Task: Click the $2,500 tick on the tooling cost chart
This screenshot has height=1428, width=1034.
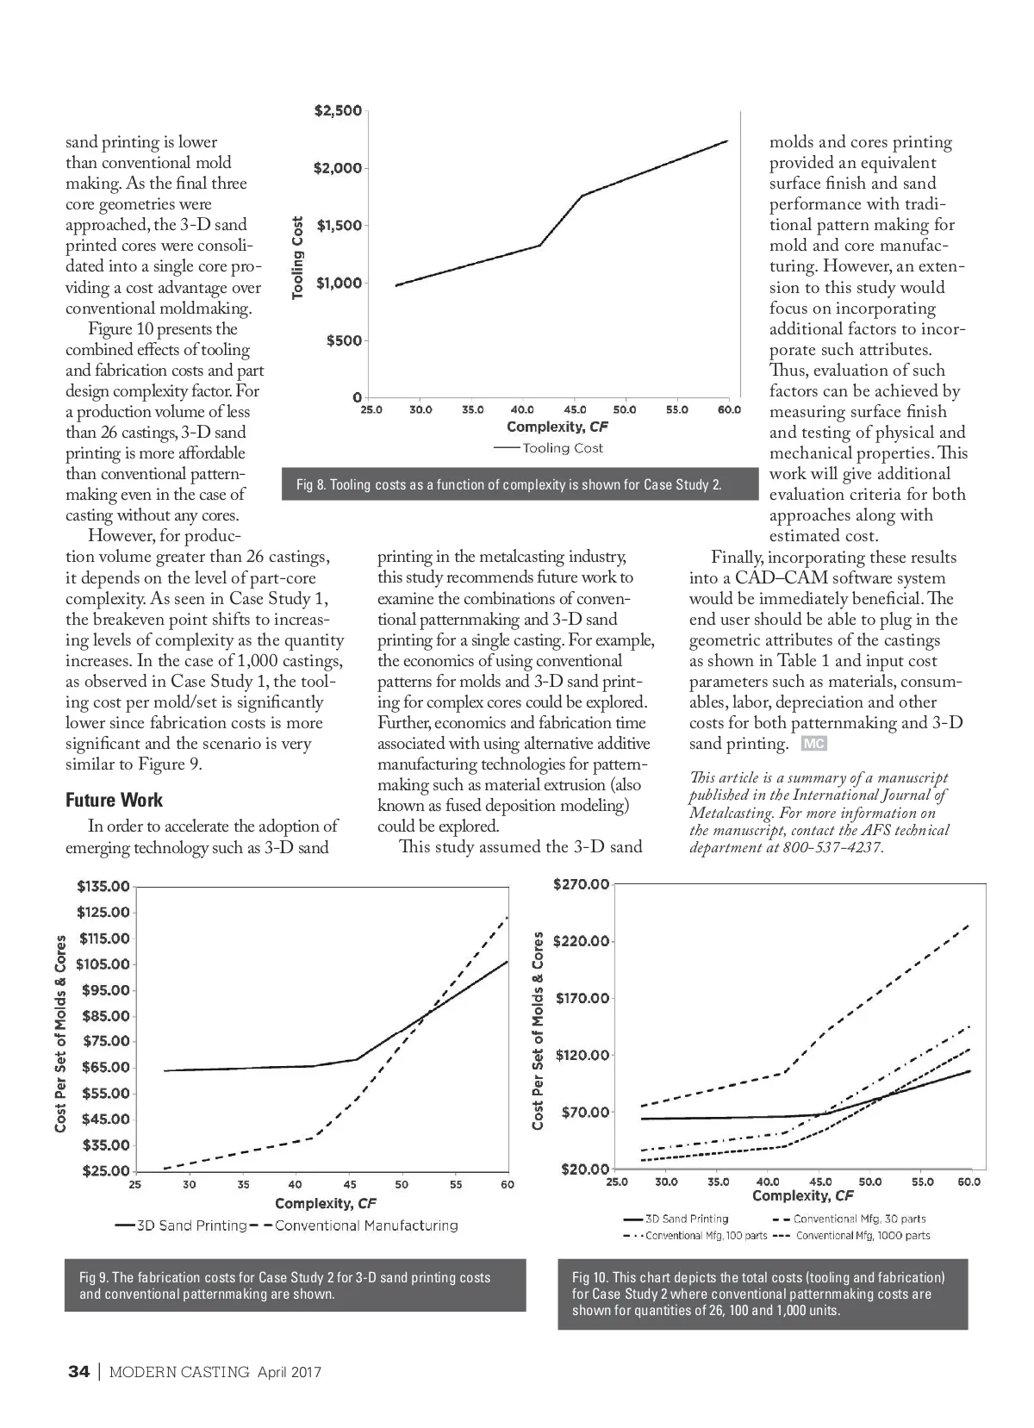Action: pyautogui.click(x=337, y=112)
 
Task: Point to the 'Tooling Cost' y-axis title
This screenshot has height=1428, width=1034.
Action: pyautogui.click(x=298, y=257)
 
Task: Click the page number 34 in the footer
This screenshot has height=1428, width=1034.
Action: pyautogui.click(x=78, y=1372)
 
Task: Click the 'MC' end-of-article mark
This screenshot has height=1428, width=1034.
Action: pyautogui.click(x=814, y=744)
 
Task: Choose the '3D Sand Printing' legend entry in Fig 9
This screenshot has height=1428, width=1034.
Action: pyautogui.click(x=191, y=1225)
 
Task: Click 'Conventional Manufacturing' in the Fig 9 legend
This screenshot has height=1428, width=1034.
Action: pyautogui.click(x=366, y=1225)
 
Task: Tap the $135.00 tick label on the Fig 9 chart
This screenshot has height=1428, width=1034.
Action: pyautogui.click(x=103, y=887)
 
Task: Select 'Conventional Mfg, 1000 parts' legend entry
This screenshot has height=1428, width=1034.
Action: pyautogui.click(x=863, y=1236)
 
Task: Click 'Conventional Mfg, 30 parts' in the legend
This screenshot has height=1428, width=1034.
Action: pyautogui.click(x=859, y=1219)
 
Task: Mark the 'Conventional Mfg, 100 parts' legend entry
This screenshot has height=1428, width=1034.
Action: pyautogui.click(x=706, y=1236)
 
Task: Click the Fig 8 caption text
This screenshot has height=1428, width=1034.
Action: pyautogui.click(x=508, y=484)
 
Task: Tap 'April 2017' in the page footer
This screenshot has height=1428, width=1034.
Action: pyautogui.click(x=289, y=1372)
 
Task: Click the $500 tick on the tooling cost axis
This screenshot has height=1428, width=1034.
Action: pyautogui.click(x=343, y=341)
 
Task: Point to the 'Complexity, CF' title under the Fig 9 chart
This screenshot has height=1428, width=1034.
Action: pyautogui.click(x=325, y=1203)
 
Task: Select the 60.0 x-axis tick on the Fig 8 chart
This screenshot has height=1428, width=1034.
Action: pyautogui.click(x=729, y=410)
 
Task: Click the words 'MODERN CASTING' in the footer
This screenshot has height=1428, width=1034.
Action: pyautogui.click(x=179, y=1372)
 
